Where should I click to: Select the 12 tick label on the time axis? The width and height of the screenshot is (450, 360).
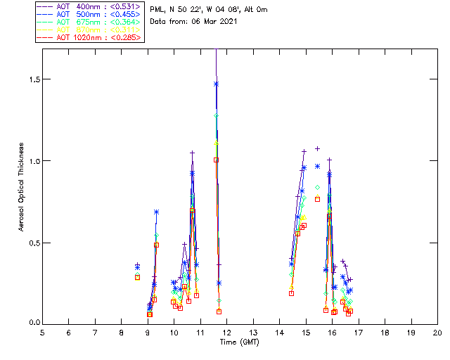coord(227,332)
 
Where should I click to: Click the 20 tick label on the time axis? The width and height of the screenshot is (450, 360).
coord(437,332)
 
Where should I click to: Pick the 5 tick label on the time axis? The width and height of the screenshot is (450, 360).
coord(42,332)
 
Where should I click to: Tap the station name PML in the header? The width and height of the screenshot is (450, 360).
coord(157,10)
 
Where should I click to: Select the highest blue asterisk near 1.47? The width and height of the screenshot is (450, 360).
coord(216,84)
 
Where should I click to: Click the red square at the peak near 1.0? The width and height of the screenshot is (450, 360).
coord(216,160)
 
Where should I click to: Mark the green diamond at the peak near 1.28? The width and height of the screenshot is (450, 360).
coord(216,115)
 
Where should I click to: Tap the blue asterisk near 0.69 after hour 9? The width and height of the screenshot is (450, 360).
coord(156,212)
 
